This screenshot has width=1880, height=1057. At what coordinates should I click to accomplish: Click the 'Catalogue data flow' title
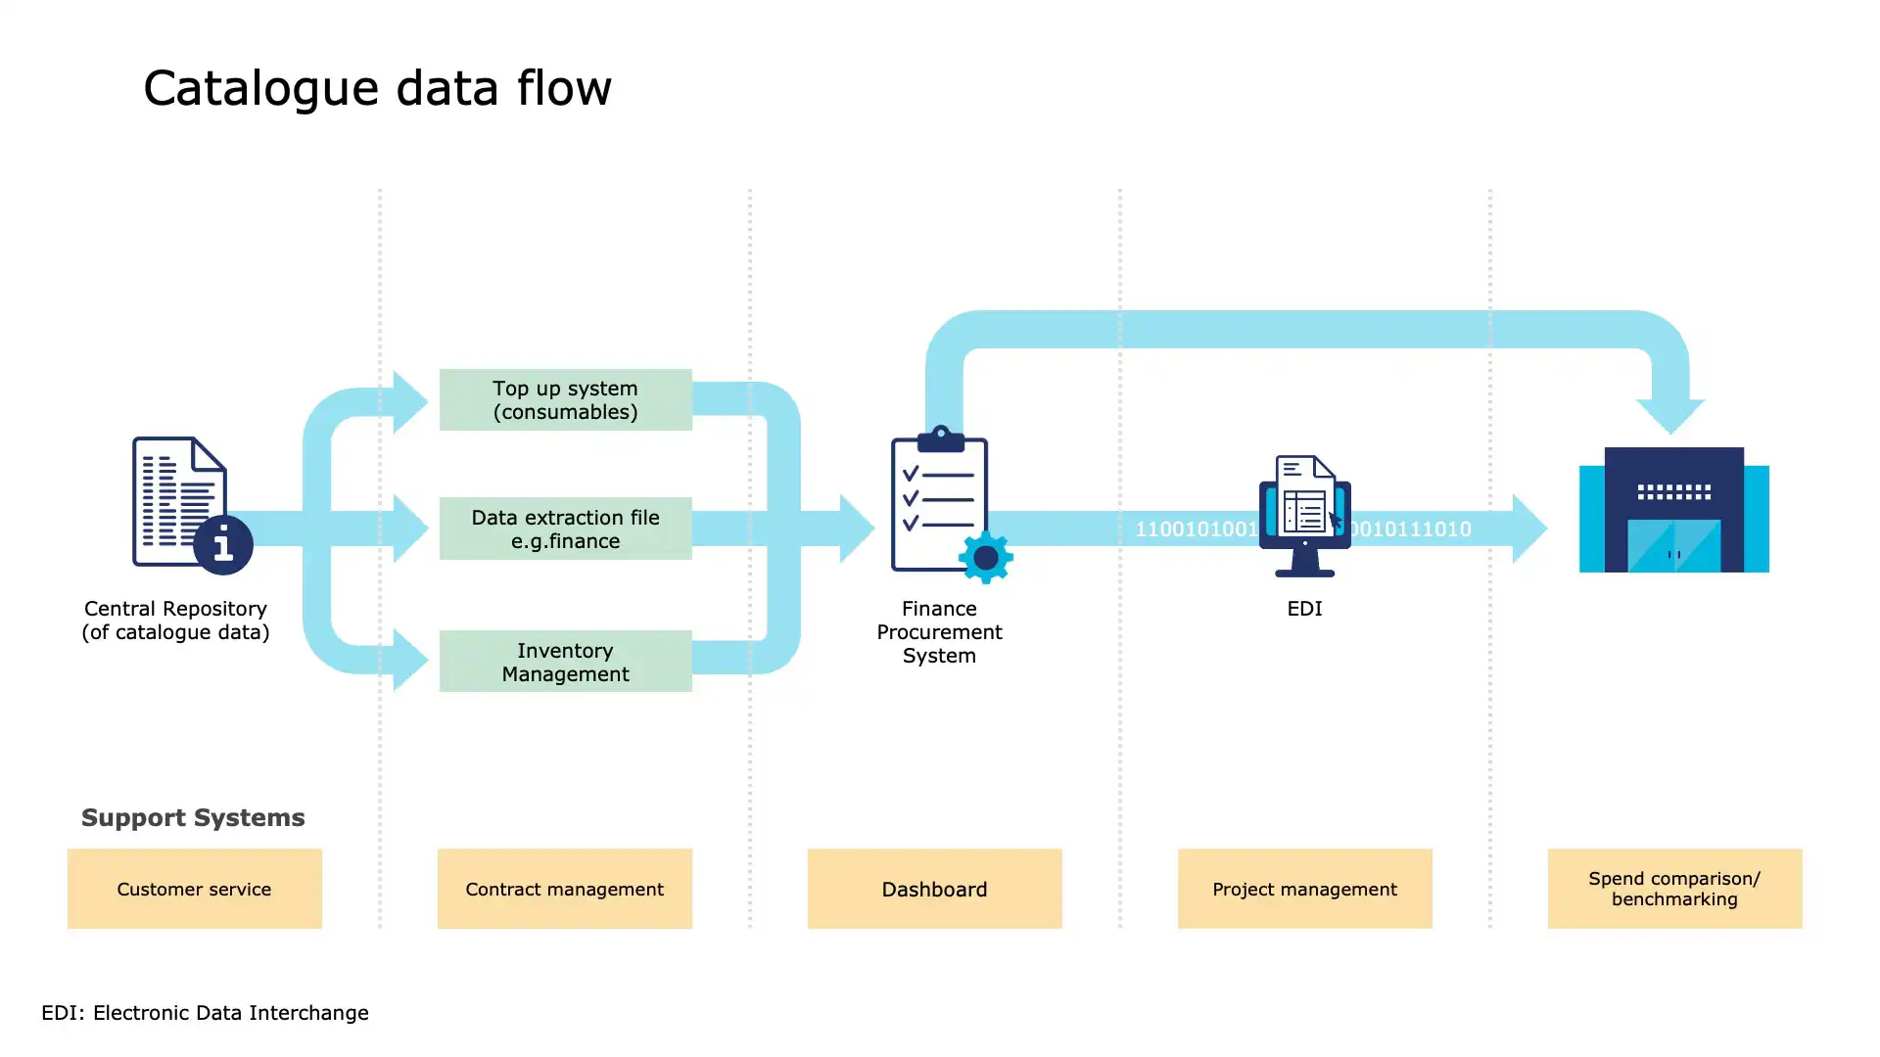tap(377, 88)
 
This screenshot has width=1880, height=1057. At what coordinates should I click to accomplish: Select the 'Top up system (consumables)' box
tap(565, 399)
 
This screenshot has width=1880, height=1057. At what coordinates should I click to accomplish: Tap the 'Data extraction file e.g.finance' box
tap(565, 528)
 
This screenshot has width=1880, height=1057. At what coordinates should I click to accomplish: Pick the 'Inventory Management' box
tap(565, 662)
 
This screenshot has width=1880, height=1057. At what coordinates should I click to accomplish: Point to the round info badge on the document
tap(223, 545)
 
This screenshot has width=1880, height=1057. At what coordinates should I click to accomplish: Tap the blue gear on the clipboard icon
tap(986, 558)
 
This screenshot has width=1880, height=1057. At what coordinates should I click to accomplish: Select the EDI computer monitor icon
tap(1304, 516)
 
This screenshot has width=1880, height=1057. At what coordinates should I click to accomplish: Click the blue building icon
tap(1673, 510)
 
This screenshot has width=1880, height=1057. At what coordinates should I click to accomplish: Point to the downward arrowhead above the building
tap(1670, 416)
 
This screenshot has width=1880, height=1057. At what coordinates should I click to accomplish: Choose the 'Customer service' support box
tap(194, 889)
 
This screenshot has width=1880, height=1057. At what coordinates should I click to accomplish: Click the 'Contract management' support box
tap(564, 889)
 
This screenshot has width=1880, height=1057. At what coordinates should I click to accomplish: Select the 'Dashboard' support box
tap(934, 889)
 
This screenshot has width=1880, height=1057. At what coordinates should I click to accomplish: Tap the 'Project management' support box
tap(1304, 889)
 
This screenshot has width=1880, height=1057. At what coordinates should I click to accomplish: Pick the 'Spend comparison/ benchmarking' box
tap(1674, 889)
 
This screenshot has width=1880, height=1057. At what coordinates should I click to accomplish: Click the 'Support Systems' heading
tap(193, 817)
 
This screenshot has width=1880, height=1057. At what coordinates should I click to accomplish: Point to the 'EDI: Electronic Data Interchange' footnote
tap(205, 1013)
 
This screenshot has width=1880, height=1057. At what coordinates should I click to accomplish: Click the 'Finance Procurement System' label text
tap(939, 632)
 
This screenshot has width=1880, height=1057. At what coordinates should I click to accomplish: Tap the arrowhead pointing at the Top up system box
tap(410, 401)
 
